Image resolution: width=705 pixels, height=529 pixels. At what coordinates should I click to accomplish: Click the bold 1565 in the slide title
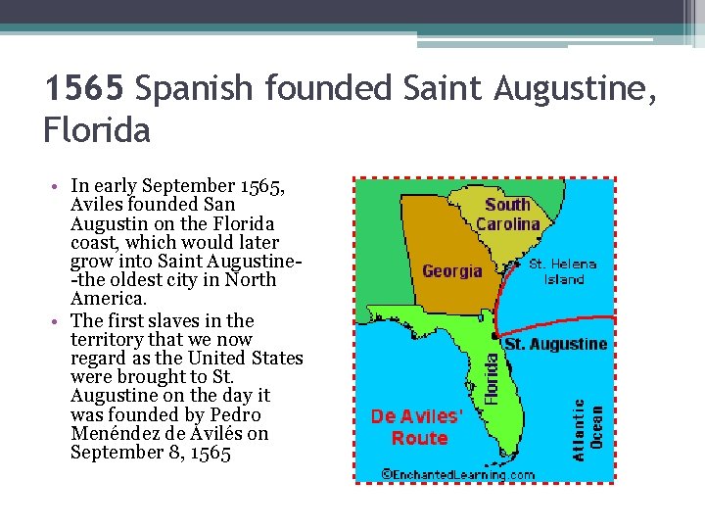pos(84,90)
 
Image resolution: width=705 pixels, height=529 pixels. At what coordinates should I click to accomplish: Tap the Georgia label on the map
pos(452,270)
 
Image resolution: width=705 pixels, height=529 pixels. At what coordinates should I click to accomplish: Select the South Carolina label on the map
pos(507,214)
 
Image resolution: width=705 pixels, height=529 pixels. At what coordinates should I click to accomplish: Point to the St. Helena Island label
pos(562,271)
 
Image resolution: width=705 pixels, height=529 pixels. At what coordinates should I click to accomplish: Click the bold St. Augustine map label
pos(555,344)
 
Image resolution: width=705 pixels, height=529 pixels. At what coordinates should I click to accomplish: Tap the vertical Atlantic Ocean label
pos(587,428)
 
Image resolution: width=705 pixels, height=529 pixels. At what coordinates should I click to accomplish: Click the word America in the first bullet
pos(109,299)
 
